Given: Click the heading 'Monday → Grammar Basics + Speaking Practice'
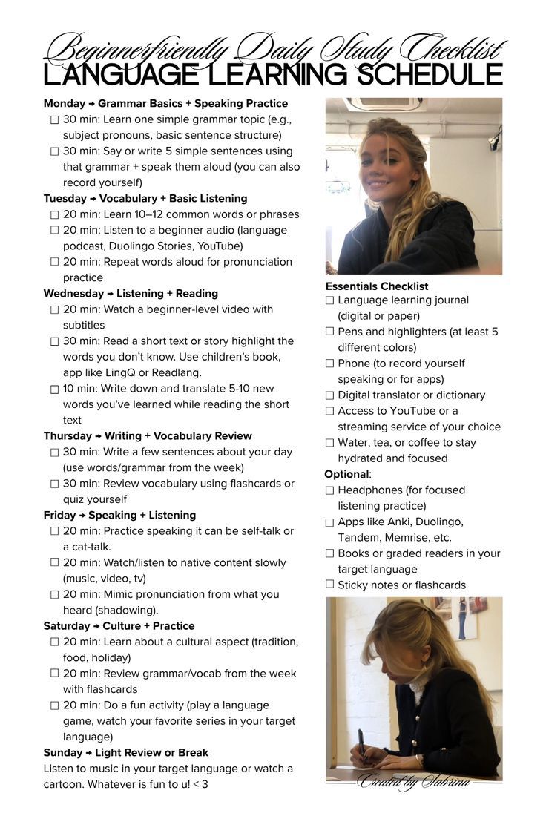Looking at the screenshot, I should tap(165, 103).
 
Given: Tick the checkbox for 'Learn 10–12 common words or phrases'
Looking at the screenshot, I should tap(54, 214).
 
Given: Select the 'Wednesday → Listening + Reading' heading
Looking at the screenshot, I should tap(131, 293).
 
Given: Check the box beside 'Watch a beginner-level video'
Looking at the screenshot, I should tap(54, 309).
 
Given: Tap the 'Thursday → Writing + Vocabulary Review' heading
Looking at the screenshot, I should tap(148, 435).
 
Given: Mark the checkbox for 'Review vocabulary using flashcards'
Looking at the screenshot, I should tap(54, 484).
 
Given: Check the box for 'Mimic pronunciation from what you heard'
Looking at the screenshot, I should tap(54, 594).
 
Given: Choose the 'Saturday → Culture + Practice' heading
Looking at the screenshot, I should tap(119, 625).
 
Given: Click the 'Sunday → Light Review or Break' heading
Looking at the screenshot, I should tap(126, 752).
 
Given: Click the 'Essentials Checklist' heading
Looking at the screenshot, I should tap(377, 286).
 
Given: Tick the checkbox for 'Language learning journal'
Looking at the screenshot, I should tap(329, 300).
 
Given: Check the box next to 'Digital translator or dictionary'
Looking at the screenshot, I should tap(329, 395).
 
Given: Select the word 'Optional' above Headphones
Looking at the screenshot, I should tap(346, 474).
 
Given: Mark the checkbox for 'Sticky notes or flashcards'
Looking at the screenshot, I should tap(329, 585).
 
